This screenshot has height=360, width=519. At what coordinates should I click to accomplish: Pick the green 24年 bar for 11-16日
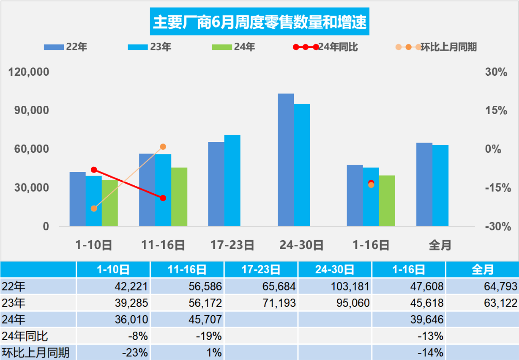[x=179, y=197]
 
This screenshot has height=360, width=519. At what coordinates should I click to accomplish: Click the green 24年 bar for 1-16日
[x=387, y=201]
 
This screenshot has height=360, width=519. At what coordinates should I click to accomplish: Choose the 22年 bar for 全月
[x=424, y=184]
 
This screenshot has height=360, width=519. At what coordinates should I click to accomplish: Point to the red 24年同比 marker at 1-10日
[x=94, y=170]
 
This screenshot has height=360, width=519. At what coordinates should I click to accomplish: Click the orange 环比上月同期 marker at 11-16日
[x=163, y=147]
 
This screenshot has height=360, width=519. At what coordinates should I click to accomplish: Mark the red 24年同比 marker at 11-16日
[x=163, y=198]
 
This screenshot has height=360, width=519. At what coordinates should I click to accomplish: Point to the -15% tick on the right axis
[x=495, y=188]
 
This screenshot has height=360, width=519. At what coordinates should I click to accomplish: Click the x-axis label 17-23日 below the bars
[x=232, y=245]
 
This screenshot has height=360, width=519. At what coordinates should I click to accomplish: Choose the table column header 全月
[x=482, y=270]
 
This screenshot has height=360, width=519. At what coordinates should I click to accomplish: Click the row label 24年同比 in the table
[x=25, y=336]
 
